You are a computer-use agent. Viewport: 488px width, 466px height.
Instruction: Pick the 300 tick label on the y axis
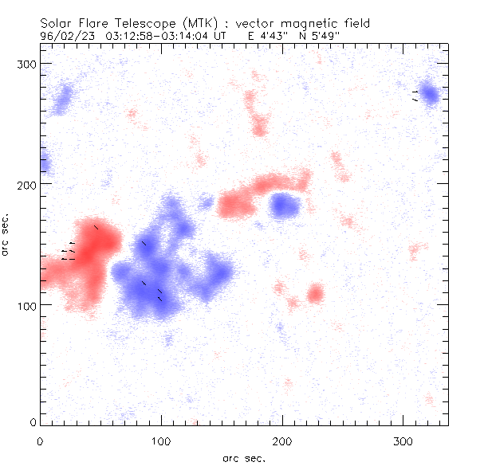(x=28, y=63)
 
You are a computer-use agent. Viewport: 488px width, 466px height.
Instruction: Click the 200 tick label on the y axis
(x=28, y=184)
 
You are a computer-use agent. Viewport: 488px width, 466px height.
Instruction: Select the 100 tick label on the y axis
(x=28, y=305)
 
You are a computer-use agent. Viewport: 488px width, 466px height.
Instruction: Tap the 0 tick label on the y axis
(x=34, y=421)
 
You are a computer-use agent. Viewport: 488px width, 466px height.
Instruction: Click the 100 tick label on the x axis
(x=161, y=441)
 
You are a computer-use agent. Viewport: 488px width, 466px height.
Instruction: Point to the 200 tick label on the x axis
(x=282, y=441)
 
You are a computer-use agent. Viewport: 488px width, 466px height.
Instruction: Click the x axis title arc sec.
(x=243, y=457)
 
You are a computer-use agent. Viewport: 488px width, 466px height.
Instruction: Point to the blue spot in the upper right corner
(x=429, y=94)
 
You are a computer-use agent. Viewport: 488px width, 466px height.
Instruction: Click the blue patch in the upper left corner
(x=61, y=99)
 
